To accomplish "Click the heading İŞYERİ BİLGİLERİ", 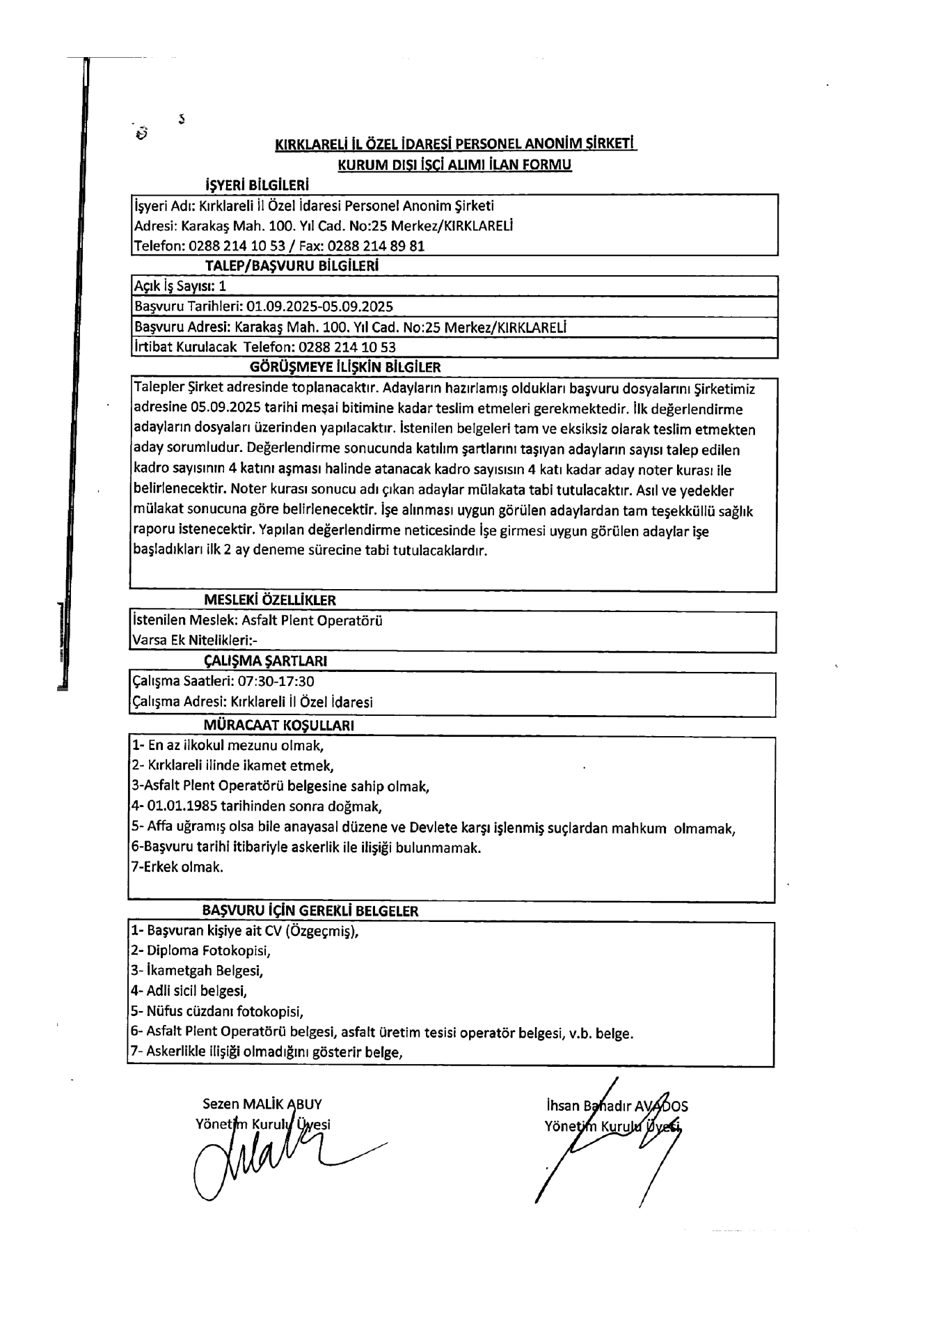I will click(257, 185).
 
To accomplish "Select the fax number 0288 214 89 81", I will click(376, 246).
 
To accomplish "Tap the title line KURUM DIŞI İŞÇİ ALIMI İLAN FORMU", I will click(454, 165).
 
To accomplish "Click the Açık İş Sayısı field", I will click(180, 286).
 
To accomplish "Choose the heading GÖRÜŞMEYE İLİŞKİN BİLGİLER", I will click(344, 366).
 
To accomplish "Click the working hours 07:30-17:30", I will click(276, 681).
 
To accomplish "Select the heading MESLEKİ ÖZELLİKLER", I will click(270, 600).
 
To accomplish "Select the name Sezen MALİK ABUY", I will click(262, 1104).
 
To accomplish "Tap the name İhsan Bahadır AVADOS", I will click(617, 1105).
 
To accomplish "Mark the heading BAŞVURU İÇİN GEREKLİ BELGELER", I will click(310, 910).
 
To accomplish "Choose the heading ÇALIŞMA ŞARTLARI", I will click(265, 660).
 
